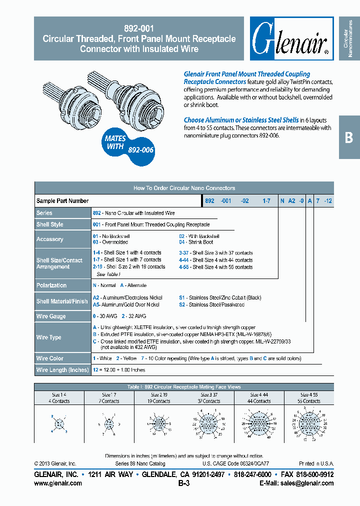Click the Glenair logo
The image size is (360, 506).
(291, 38)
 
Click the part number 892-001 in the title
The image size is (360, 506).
(139, 29)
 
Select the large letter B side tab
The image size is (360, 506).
(349, 137)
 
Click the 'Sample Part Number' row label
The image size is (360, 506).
(62, 201)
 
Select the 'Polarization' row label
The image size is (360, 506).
(51, 285)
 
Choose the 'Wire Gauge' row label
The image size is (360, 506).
(50, 316)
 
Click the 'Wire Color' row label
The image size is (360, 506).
(50, 358)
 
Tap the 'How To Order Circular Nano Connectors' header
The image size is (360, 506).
(184, 188)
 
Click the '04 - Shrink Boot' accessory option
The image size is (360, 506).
(196, 242)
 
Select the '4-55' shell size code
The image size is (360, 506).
(183, 267)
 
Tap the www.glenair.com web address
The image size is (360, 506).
(58, 483)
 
